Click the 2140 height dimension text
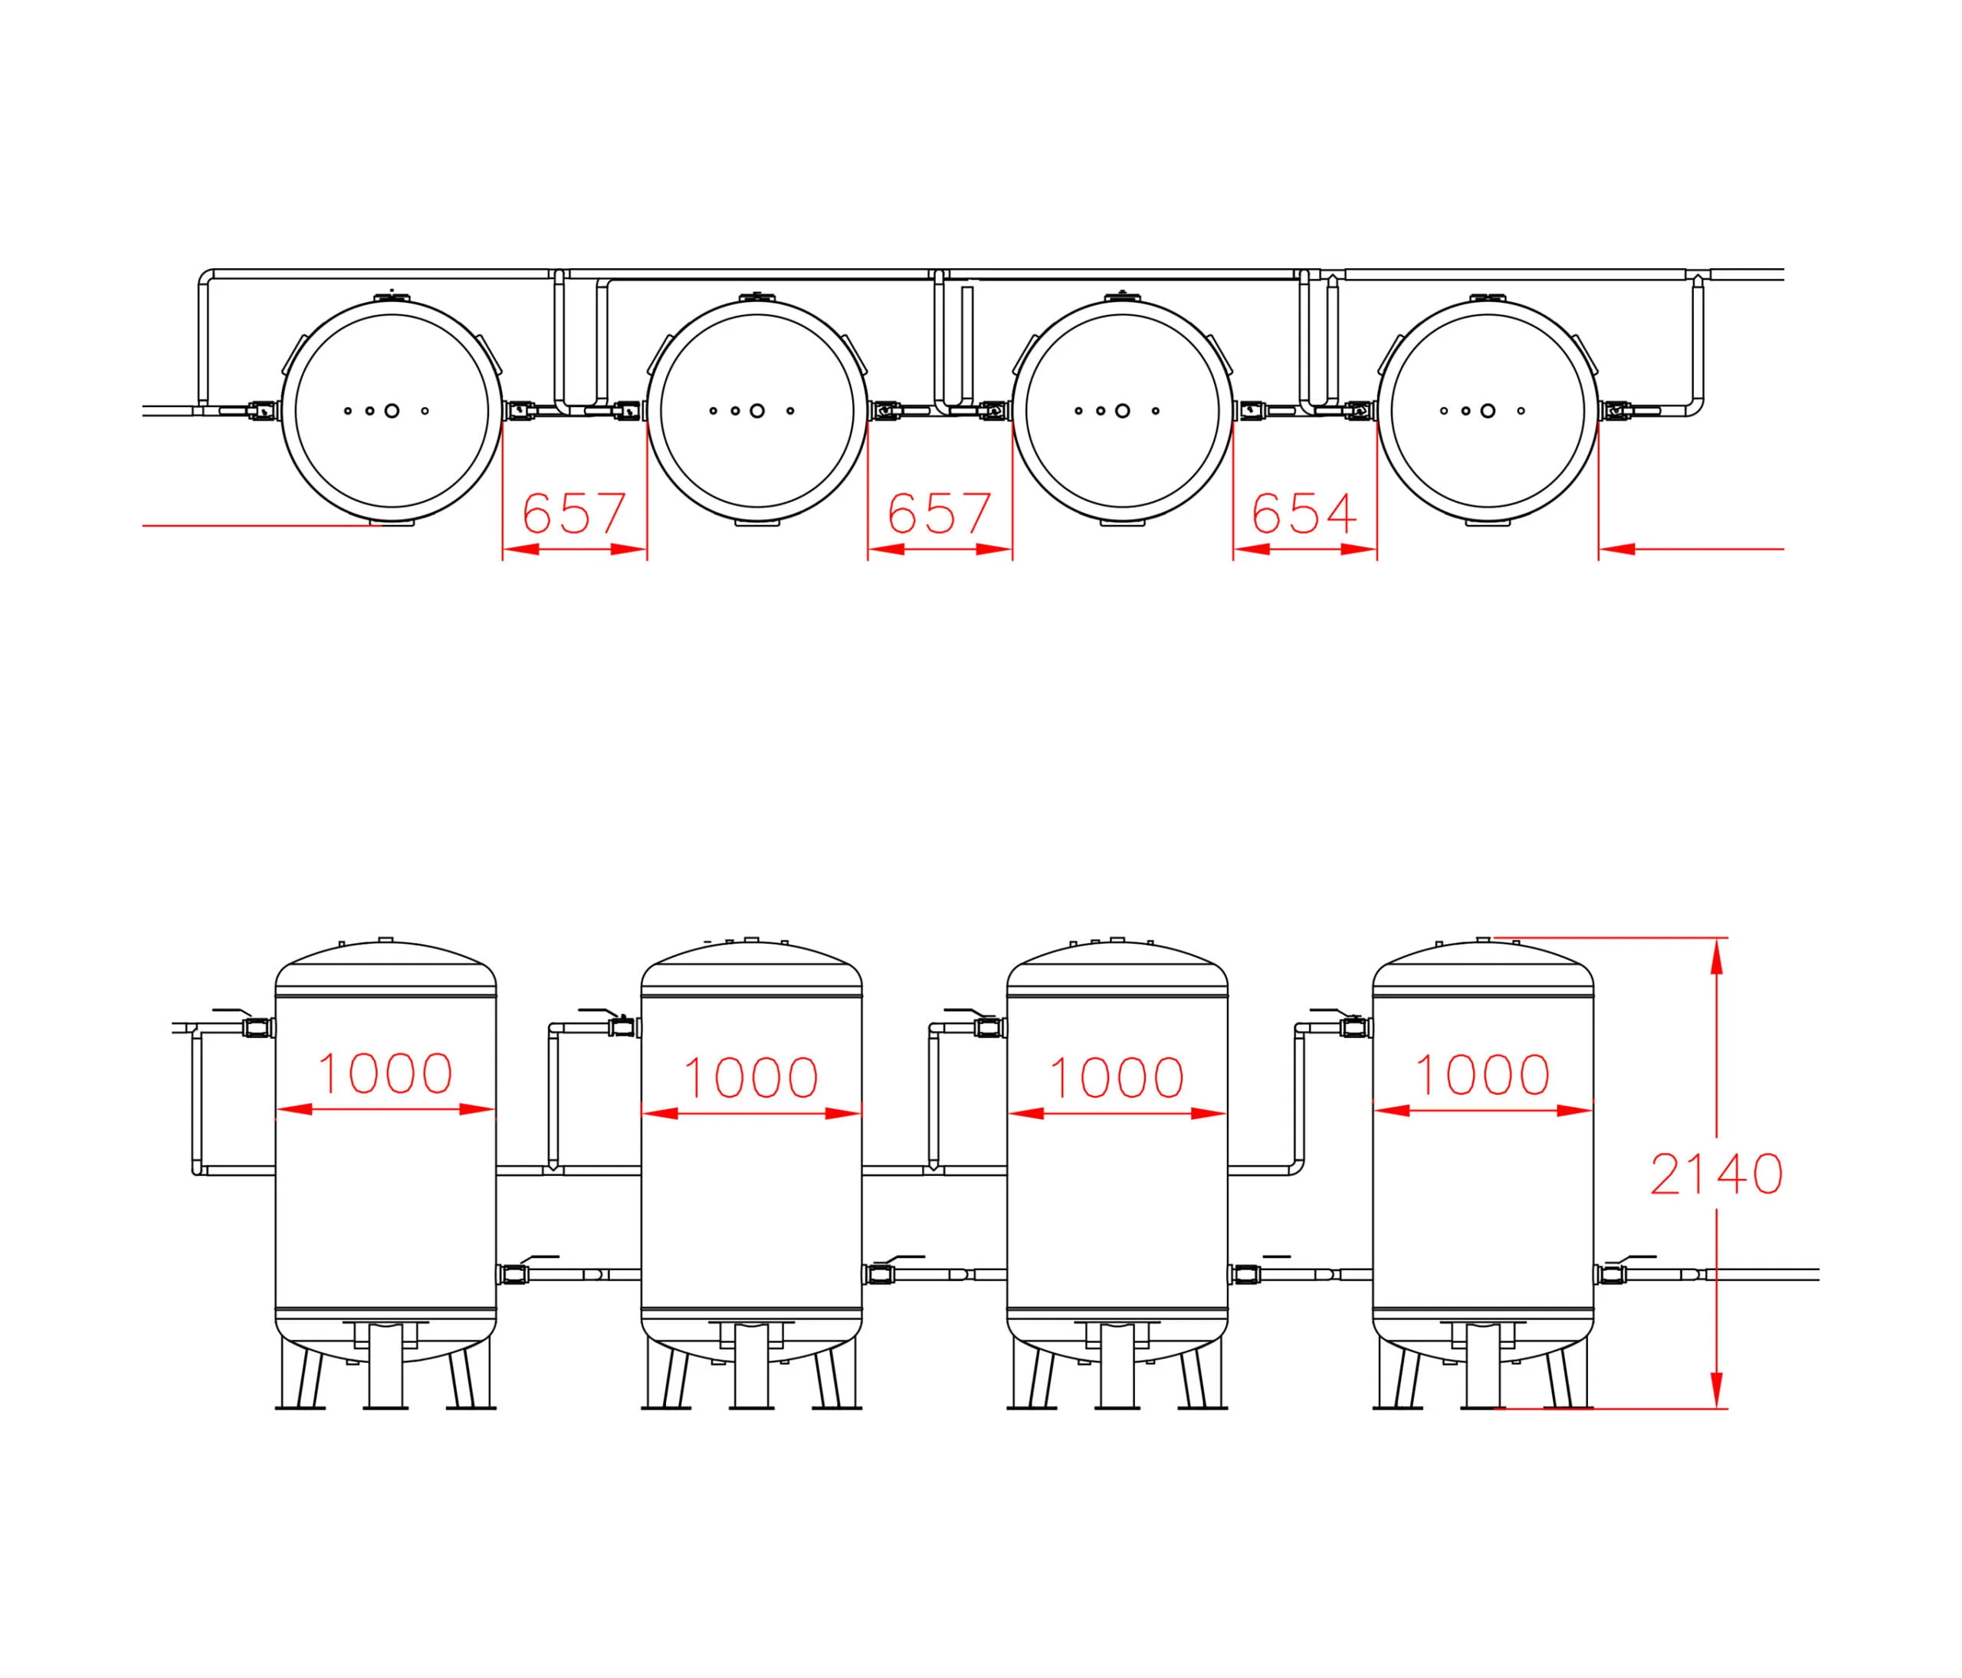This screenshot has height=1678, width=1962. (x=1717, y=1174)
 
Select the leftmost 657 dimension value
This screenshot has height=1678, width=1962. (x=575, y=514)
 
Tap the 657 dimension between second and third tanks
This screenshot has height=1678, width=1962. (x=940, y=514)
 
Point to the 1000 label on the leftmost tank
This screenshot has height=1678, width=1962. (x=385, y=1074)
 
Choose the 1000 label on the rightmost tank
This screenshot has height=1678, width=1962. (x=1482, y=1075)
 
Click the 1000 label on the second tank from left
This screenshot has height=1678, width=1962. (x=751, y=1078)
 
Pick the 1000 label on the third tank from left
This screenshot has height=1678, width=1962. (x=1117, y=1078)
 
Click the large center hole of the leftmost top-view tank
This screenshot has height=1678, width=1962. (x=392, y=411)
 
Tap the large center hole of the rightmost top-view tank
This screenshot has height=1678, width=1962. (x=1488, y=411)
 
